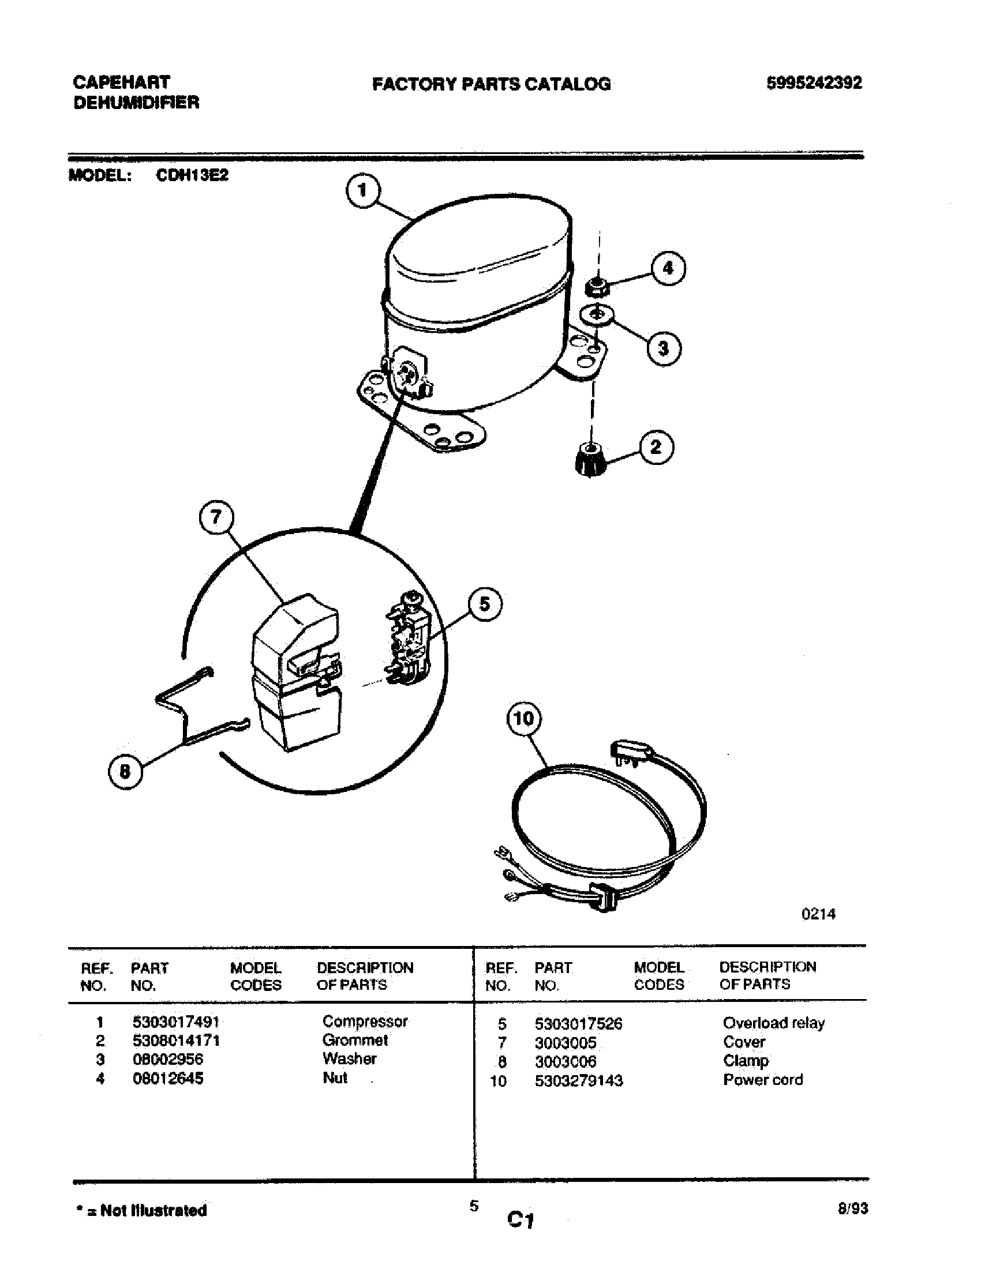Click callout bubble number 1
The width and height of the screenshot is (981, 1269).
(x=362, y=190)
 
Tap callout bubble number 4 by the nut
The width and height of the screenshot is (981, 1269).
(x=668, y=268)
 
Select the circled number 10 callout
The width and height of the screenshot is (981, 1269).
(x=523, y=719)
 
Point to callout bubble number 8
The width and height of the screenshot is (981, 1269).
(x=125, y=772)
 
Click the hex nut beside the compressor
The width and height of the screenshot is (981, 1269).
(x=597, y=286)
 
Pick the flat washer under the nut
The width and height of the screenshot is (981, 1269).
(x=597, y=315)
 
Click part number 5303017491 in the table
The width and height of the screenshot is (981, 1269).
(x=175, y=1021)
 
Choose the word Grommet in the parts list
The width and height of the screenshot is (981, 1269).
(x=354, y=1039)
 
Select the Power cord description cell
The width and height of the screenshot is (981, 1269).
(x=762, y=1080)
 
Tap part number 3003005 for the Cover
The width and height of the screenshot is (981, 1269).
(x=565, y=1042)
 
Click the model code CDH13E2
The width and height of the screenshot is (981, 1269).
(x=192, y=175)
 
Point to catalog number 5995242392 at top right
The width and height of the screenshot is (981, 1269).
(x=814, y=83)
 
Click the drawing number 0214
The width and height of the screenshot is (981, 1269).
(x=818, y=914)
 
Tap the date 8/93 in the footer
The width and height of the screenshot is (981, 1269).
(x=852, y=1208)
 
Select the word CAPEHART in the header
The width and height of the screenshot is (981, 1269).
(x=121, y=82)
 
